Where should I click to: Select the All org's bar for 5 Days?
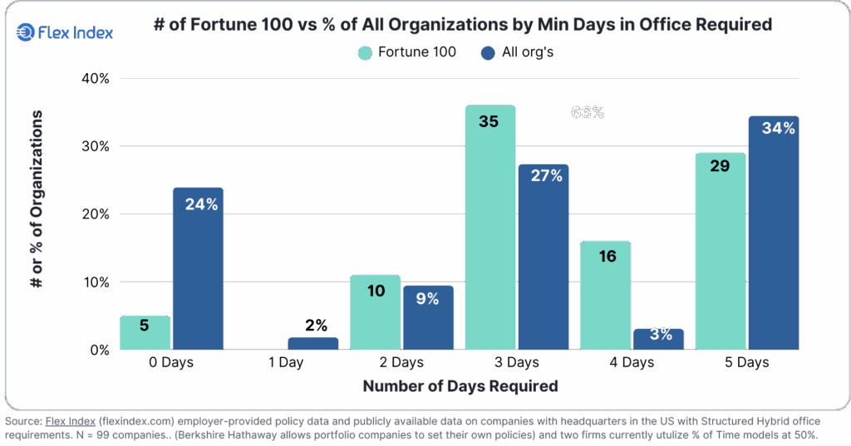pyautogui.click(x=773, y=233)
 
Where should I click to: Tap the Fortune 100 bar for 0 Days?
pyautogui.click(x=145, y=332)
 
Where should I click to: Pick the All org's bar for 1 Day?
pyautogui.click(x=313, y=343)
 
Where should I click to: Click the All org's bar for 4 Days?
pyautogui.click(x=658, y=339)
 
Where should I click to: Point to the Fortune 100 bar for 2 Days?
pyautogui.click(x=375, y=312)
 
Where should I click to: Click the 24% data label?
pyautogui.click(x=200, y=203)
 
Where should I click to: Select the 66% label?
pyautogui.click(x=588, y=112)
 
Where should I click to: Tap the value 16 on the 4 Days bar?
pyautogui.click(x=607, y=256)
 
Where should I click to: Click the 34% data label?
pyautogui.click(x=778, y=129)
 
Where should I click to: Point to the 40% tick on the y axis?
pyautogui.click(x=94, y=79)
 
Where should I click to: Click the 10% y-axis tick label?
pyautogui.click(x=94, y=282)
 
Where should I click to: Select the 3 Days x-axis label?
pyautogui.click(x=515, y=363)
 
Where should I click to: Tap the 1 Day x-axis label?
pyautogui.click(x=286, y=363)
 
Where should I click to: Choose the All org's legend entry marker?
pyautogui.click(x=489, y=53)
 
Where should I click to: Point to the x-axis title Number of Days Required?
pyautogui.click(x=460, y=386)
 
